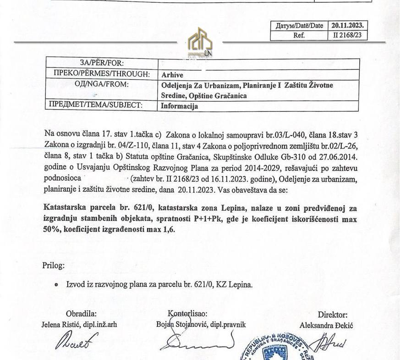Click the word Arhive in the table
pyautogui.click(x=172, y=75)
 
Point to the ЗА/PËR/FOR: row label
pyautogui.click(x=102, y=63)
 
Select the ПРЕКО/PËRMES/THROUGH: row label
pyautogui.click(x=102, y=73)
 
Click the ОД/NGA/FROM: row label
pyautogui.click(x=102, y=84)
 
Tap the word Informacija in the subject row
pyautogui.click(x=180, y=106)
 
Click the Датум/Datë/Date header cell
pyautogui.click(x=299, y=26)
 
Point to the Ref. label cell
pyautogui.click(x=299, y=35)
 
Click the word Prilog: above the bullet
pyautogui.click(x=54, y=265)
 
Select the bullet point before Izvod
pyautogui.click(x=56, y=285)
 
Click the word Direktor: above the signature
pyautogui.click(x=333, y=315)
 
